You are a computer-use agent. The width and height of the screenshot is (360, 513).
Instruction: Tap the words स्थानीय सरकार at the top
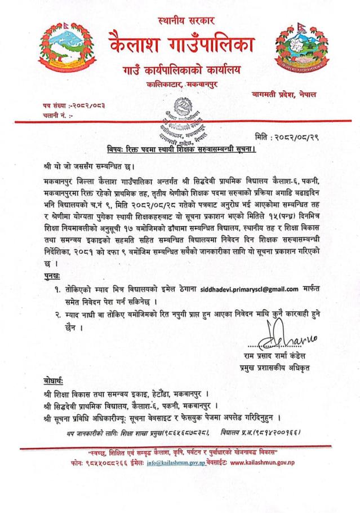pos(180,20)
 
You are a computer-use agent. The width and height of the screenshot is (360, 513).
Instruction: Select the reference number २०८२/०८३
pos(87,105)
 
